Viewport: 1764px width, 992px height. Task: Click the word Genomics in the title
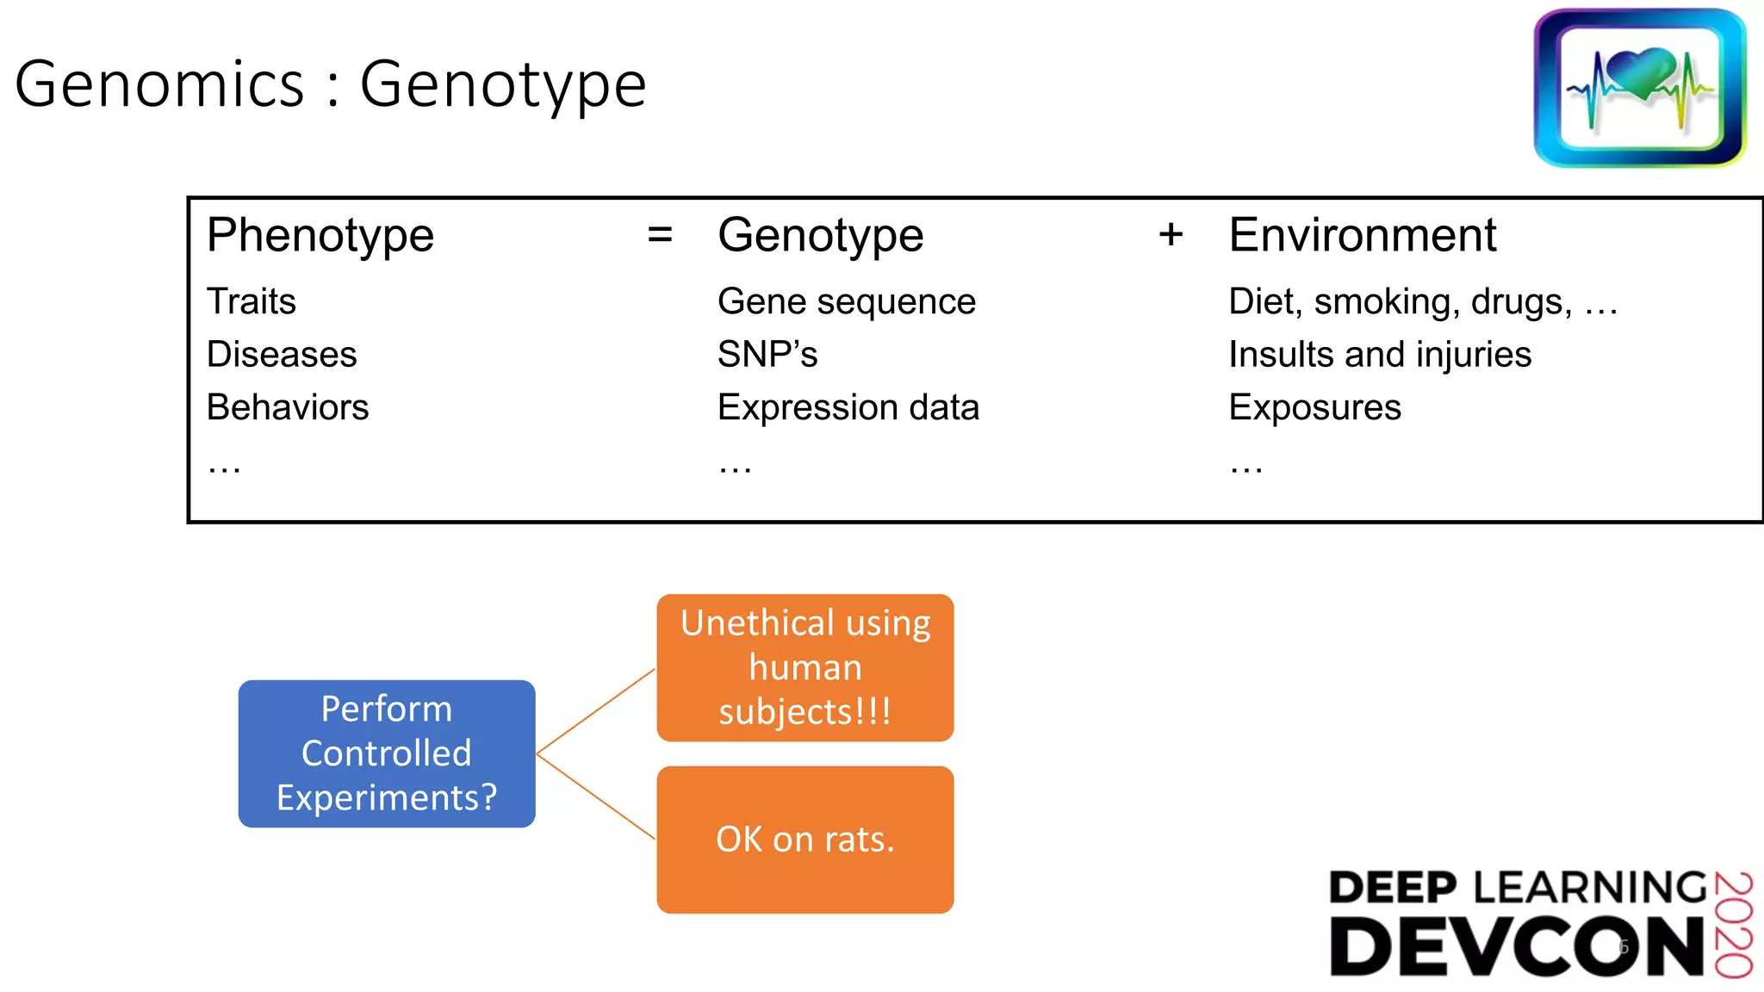click(x=160, y=84)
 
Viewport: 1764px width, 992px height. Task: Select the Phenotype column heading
click(x=320, y=235)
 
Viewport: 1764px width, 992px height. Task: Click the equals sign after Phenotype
click(x=660, y=234)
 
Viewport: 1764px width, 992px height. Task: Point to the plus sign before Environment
click(x=1171, y=234)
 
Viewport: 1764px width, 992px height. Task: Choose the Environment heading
click(x=1363, y=235)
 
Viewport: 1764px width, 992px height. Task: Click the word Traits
click(x=252, y=301)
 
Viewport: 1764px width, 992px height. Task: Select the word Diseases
click(x=282, y=354)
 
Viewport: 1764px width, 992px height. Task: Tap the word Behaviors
click(x=288, y=407)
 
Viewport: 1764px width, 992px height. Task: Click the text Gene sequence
click(x=847, y=301)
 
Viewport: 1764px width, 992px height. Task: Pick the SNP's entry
click(x=767, y=354)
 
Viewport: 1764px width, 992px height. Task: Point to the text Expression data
click(x=848, y=407)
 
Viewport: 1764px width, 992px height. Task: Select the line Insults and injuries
click(x=1380, y=354)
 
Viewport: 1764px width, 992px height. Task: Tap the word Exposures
click(x=1314, y=407)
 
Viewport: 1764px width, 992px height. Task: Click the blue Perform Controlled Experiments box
click(x=387, y=753)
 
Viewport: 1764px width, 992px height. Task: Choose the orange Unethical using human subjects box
click(x=805, y=667)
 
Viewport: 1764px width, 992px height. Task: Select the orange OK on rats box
click(x=805, y=840)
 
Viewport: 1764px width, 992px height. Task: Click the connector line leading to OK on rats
click(x=596, y=797)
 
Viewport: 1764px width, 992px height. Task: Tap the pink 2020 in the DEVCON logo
click(x=1733, y=925)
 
